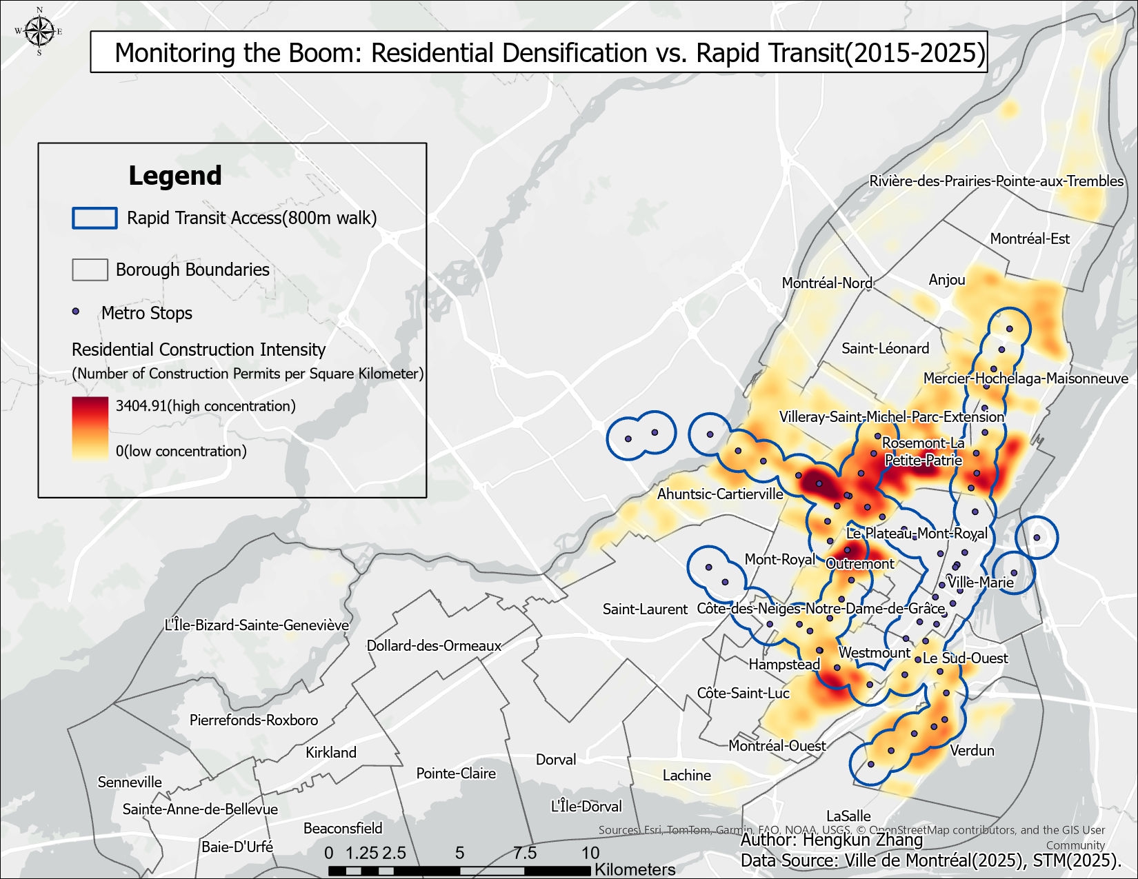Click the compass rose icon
(x=39, y=31)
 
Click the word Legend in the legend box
(x=175, y=176)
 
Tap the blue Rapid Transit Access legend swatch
(x=94, y=218)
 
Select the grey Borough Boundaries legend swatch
(x=90, y=270)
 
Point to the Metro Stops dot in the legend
(x=76, y=312)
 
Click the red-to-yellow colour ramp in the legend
(x=90, y=428)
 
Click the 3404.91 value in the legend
(x=141, y=405)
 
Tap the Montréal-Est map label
(x=1030, y=239)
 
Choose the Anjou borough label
(x=946, y=279)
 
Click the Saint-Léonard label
(x=885, y=348)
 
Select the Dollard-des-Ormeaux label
(x=434, y=646)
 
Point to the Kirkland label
(x=331, y=752)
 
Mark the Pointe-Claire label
(x=456, y=774)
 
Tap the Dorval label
(x=556, y=760)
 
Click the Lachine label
(x=686, y=776)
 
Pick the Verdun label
(x=972, y=750)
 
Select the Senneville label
(x=130, y=782)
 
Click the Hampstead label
(x=784, y=665)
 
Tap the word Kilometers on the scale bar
(x=635, y=869)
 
